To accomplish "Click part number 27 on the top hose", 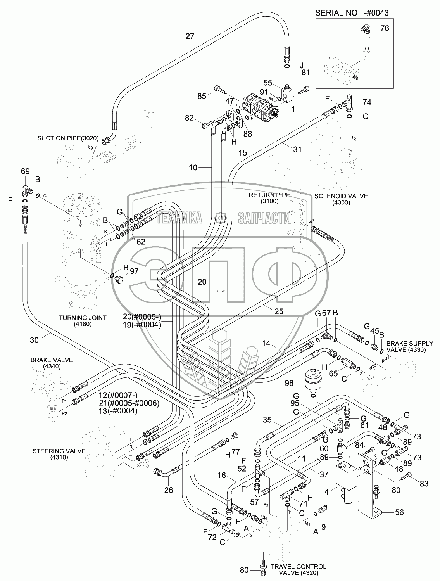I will pyautogui.click(x=190, y=36).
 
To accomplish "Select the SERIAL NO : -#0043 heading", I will pyautogui.click(x=352, y=12).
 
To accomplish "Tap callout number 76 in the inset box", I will pyautogui.click(x=384, y=28).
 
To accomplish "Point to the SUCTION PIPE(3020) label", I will pyautogui.click(x=68, y=138).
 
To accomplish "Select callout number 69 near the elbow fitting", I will pyautogui.click(x=25, y=171).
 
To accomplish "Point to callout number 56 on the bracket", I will pyautogui.click(x=399, y=512).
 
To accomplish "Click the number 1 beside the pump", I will pyautogui.click(x=293, y=109).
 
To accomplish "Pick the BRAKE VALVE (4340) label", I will pyautogui.click(x=52, y=363).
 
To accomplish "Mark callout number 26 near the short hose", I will pyautogui.click(x=168, y=490).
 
